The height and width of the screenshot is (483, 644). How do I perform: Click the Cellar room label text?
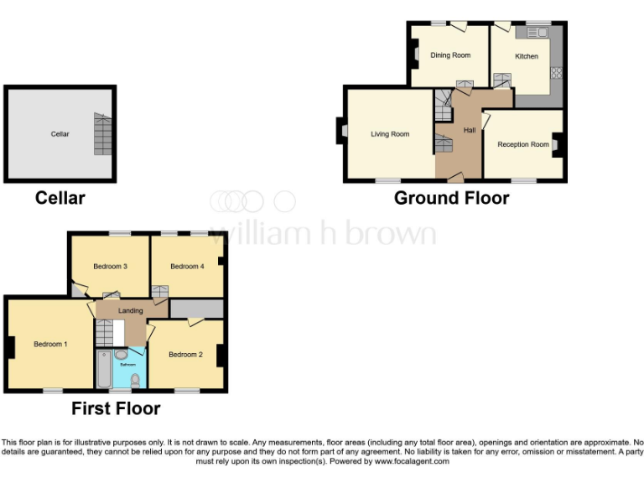[x=60, y=134]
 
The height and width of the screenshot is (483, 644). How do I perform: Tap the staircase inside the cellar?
[x=101, y=135]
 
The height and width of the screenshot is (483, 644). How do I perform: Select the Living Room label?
[x=390, y=134]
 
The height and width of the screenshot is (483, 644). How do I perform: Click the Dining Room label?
[x=450, y=55]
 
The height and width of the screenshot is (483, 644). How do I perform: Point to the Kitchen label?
[x=527, y=56]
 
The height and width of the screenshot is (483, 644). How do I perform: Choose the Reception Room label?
[x=523, y=144]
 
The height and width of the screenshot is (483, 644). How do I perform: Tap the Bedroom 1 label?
[x=50, y=345]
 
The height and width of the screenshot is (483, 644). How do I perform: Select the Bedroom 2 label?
[x=185, y=355]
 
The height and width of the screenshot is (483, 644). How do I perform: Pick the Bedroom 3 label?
[x=110, y=267]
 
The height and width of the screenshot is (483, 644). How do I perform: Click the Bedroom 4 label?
[x=187, y=267]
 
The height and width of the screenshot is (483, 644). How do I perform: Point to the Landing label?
[x=130, y=310]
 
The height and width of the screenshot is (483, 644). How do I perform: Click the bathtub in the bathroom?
[x=103, y=370]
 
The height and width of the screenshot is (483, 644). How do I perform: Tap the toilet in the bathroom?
[x=135, y=379]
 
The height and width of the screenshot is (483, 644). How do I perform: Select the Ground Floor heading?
[x=451, y=199]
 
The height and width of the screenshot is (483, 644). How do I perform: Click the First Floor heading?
[x=116, y=409]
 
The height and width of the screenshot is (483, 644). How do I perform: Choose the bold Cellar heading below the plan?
[x=60, y=199]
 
